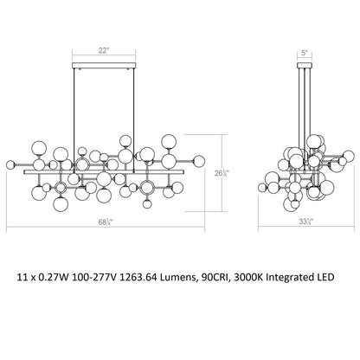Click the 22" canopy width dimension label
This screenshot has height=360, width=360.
point(103,51)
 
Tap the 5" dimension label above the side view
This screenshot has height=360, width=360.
point(305,53)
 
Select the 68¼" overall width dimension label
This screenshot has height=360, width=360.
point(106,222)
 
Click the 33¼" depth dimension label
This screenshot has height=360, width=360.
point(306,222)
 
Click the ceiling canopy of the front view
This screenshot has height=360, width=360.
point(104,66)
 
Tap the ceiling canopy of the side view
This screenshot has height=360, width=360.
point(305,65)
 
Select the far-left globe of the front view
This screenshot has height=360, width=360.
point(10,164)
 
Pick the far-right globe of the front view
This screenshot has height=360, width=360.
point(199,161)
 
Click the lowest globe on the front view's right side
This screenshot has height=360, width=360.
point(147,203)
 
